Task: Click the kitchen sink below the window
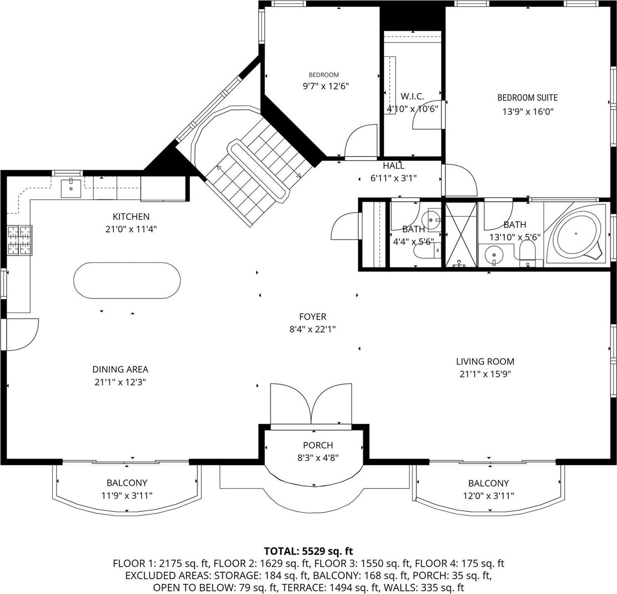pyautogui.click(x=71, y=188)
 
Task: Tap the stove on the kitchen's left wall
pyautogui.click(x=20, y=240)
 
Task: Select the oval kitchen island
pyautogui.click(x=127, y=280)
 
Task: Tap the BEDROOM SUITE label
pyautogui.click(x=527, y=98)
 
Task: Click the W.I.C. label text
pyautogui.click(x=412, y=96)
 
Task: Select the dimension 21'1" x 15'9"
pyautogui.click(x=485, y=374)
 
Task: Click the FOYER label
pyautogui.click(x=313, y=317)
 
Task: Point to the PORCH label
pyautogui.click(x=318, y=445)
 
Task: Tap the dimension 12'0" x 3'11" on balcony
pyautogui.click(x=488, y=496)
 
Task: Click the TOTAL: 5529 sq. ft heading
pyautogui.click(x=308, y=551)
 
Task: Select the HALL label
pyautogui.click(x=393, y=166)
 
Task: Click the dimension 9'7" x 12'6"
pyautogui.click(x=325, y=86)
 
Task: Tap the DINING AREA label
pyautogui.click(x=120, y=369)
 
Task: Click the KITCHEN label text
pyautogui.click(x=131, y=216)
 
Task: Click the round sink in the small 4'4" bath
pyautogui.click(x=430, y=218)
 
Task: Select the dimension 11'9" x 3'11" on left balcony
pyautogui.click(x=127, y=495)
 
